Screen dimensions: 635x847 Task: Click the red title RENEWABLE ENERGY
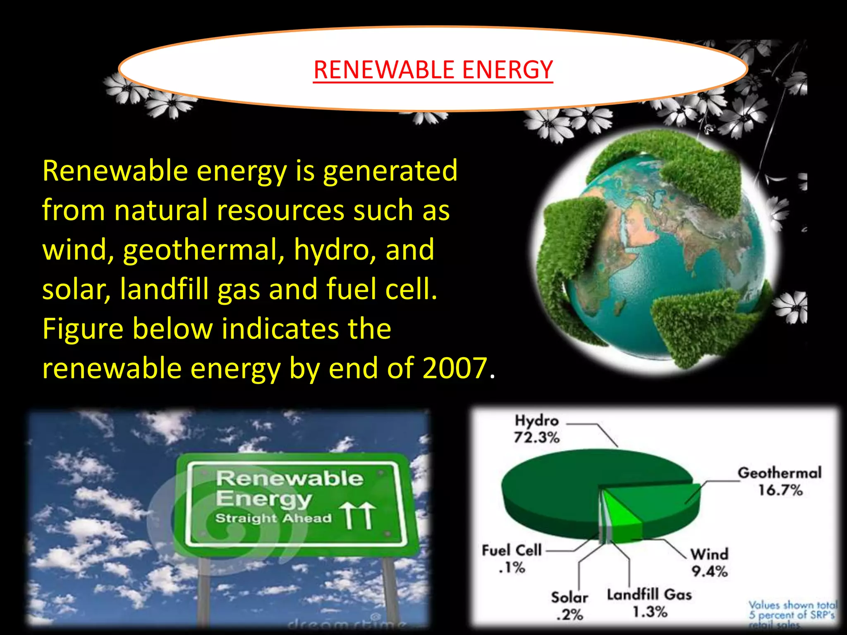(433, 69)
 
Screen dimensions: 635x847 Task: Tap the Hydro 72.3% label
(536, 429)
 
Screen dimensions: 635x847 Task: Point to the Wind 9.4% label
(709, 563)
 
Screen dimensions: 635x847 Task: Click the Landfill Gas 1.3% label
(649, 603)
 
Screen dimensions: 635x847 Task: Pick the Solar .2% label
(569, 606)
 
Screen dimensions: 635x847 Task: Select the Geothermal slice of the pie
(658, 504)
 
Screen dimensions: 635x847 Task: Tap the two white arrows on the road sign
(358, 516)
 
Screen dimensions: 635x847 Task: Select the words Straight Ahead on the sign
(273, 518)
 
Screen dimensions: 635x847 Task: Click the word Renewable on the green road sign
(290, 478)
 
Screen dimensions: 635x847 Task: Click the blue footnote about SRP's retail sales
(792, 615)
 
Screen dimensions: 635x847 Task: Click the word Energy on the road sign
(263, 499)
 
